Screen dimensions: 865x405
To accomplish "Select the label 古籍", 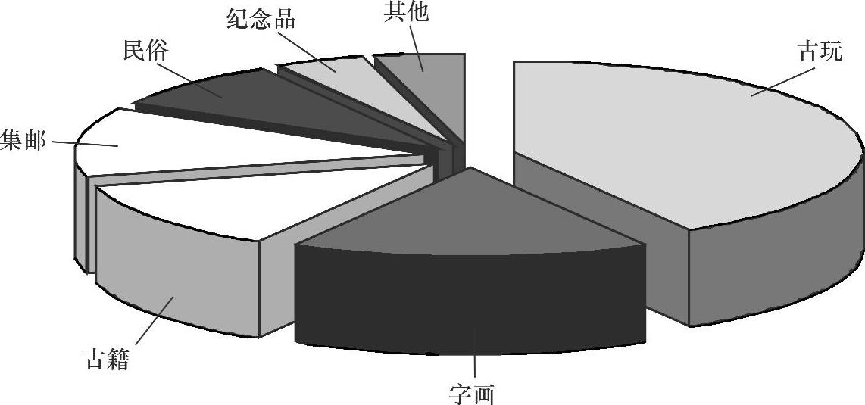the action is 106,358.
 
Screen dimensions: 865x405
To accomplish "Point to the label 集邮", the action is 23,140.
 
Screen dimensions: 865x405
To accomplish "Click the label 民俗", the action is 145,51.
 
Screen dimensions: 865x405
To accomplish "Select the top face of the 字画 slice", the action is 470,220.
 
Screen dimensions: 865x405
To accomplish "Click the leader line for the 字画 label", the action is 474,367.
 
